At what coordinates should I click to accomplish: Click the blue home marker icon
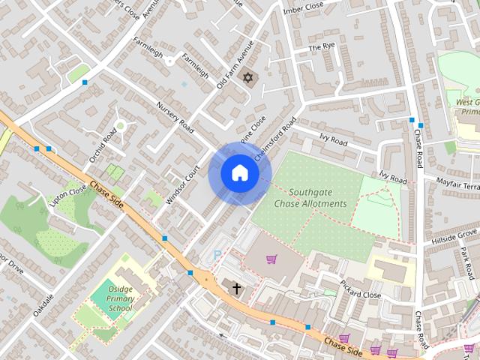tap(240, 173)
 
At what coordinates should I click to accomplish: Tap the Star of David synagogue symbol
tap(247, 77)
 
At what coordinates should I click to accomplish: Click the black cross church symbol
tap(236, 287)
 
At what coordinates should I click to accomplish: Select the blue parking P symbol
tap(217, 256)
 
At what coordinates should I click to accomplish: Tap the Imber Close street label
tap(303, 7)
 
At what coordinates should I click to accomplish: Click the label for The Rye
tap(322, 47)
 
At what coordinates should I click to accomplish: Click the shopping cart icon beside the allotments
tap(271, 259)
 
